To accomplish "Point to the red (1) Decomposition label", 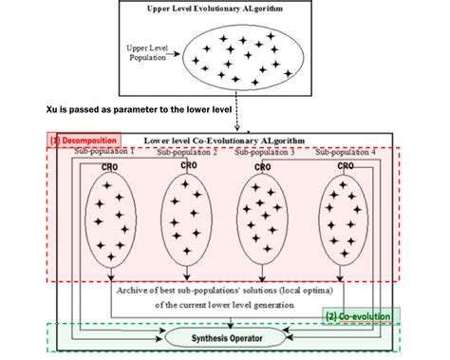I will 80,140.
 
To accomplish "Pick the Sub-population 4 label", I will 346,152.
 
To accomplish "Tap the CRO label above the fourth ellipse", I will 346,165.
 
